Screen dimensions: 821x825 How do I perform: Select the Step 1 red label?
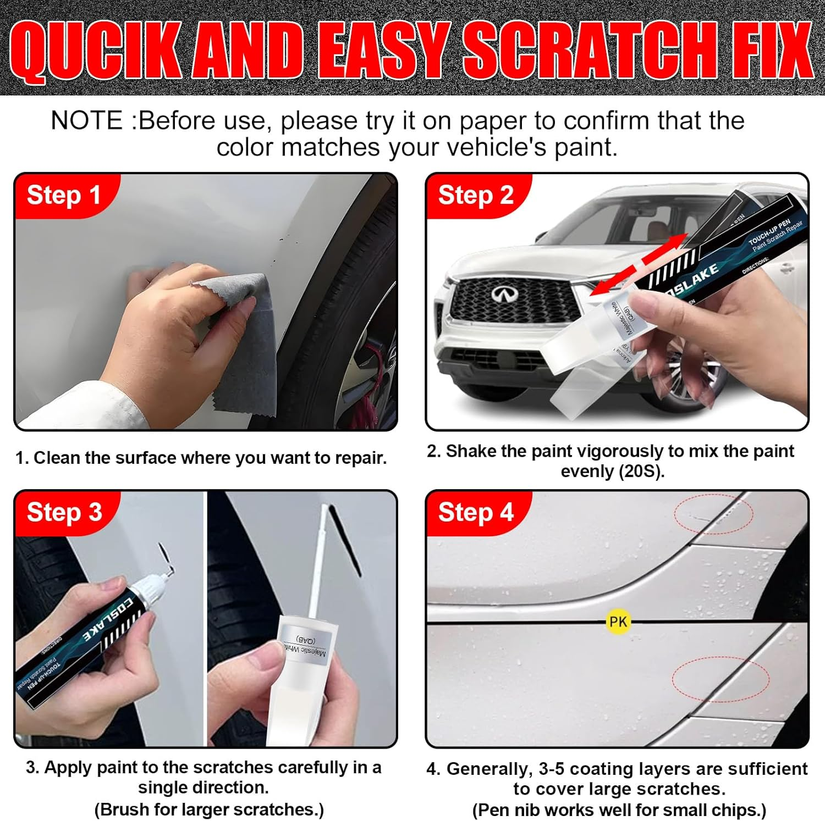pos(63,195)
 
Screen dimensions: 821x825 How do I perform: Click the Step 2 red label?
pos(475,195)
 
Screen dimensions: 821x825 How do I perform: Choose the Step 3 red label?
pos(64,512)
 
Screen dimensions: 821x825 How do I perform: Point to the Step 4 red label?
pos(475,512)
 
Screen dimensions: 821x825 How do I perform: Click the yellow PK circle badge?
pos(618,622)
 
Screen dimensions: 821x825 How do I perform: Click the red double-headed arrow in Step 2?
pos(641,264)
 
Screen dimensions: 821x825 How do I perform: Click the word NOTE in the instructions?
pos(86,120)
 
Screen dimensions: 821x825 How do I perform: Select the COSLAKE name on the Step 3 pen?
pos(107,618)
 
